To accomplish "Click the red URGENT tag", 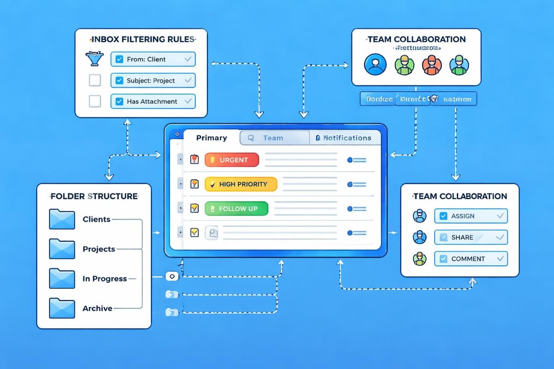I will click(231, 160).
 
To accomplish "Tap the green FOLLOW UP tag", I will click(236, 208).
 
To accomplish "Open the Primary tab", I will click(211, 138).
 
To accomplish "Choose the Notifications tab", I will click(343, 138).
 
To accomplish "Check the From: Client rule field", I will click(153, 59).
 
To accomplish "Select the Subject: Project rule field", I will click(153, 80).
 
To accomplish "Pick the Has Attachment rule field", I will click(153, 101).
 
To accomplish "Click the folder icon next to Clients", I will click(62, 220).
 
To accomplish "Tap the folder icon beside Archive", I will click(62, 308).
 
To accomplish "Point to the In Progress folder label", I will click(104, 279).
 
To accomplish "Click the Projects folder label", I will click(99, 249).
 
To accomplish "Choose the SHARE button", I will click(471, 237).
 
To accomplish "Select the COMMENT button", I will click(471, 259).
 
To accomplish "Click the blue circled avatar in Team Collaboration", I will click(374, 65).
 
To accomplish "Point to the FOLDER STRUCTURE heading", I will click(94, 196).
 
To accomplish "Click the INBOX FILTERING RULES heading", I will click(141, 39).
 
